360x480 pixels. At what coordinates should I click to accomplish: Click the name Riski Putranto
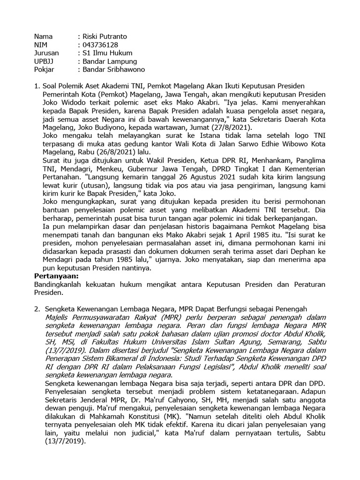[105, 36]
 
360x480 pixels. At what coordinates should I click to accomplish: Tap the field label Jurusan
[47, 53]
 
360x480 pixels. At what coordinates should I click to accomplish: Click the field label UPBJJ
[45, 61]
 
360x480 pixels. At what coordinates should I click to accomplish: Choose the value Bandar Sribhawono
[114, 70]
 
